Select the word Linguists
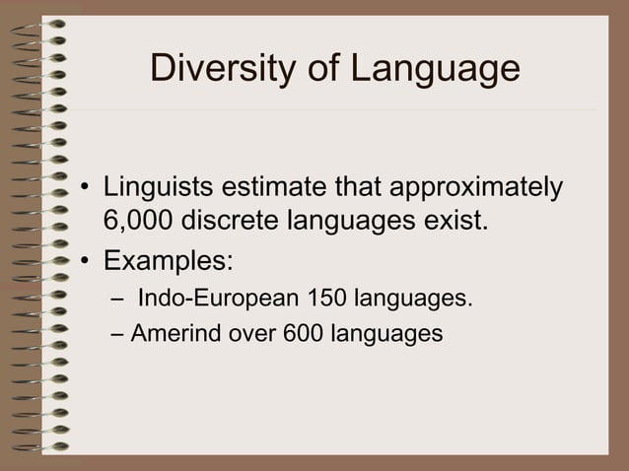[157, 186]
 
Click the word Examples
[169, 261]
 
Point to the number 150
[327, 297]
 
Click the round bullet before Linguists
[87, 188]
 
